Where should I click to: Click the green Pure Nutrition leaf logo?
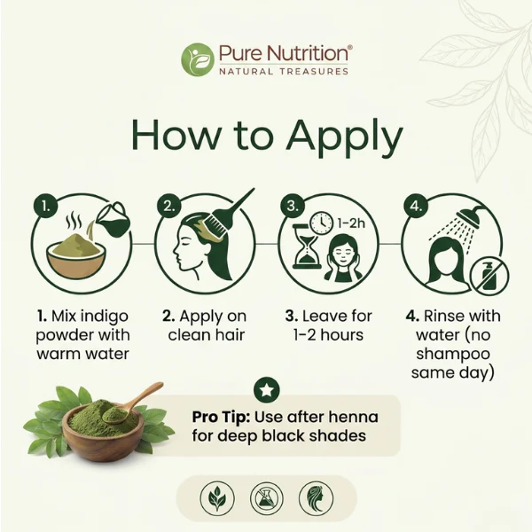tap(198, 59)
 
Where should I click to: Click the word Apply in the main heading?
tap(345, 136)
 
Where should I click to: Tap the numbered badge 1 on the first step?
tap(46, 206)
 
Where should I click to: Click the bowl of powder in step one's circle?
tap(76, 255)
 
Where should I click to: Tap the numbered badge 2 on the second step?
tap(169, 206)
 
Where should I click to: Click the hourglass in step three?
tap(307, 246)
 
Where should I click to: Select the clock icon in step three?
tap(321, 223)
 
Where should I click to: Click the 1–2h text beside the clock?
tap(351, 223)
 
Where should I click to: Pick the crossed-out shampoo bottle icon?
tap(489, 277)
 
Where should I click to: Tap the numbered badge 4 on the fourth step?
tap(416, 206)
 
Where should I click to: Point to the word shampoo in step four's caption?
tap(453, 355)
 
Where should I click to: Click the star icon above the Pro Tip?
tap(267, 390)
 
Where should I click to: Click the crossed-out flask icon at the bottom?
tap(267, 498)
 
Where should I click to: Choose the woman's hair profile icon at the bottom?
tap(316, 498)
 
